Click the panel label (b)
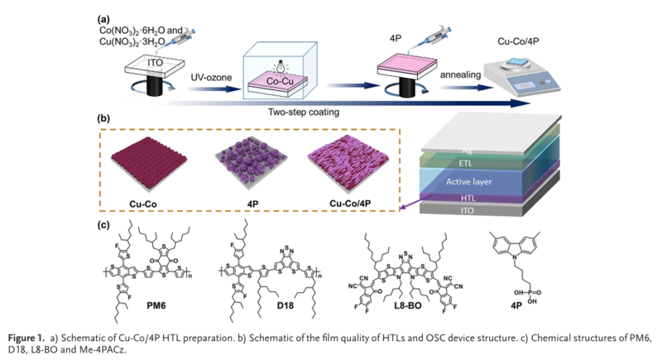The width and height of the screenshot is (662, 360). coord(103,119)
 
